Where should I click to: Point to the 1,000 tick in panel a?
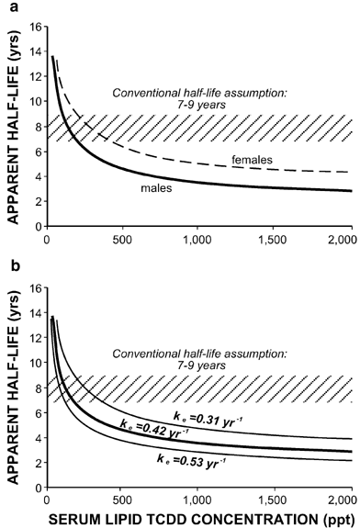click(198, 242)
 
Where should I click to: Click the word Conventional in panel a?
click(141, 93)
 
